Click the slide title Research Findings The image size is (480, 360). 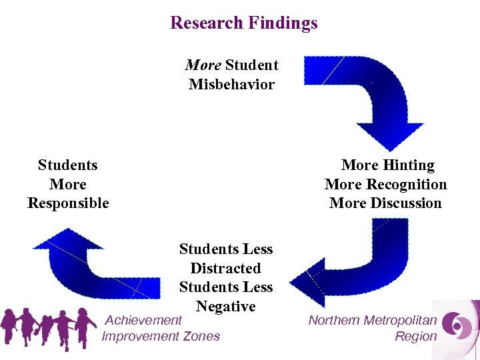tap(244, 23)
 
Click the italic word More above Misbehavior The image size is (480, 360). tap(203, 65)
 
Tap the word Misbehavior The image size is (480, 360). tap(231, 85)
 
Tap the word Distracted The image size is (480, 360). tap(225, 268)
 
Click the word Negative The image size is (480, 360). tap(225, 307)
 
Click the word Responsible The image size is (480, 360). tap(68, 203)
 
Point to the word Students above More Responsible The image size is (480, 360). tap(68, 165)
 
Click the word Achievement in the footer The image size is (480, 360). tap(143, 321)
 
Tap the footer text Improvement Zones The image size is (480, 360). tap(161, 336)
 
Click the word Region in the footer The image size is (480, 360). tap(415, 336)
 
